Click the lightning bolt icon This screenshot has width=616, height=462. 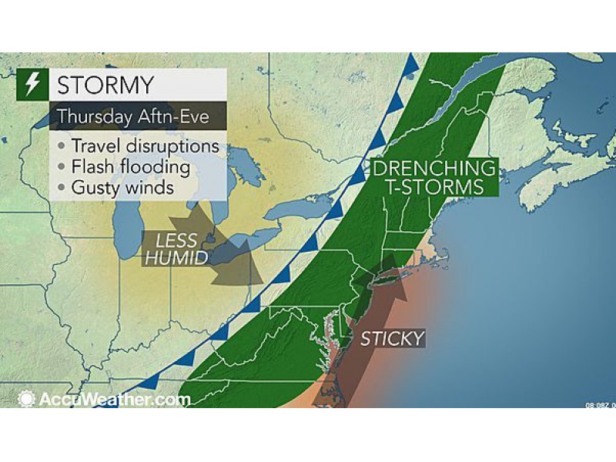coord(32,85)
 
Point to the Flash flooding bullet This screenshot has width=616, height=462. coord(130,166)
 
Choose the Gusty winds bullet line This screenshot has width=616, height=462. coord(122,186)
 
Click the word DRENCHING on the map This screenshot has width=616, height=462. coord(436,167)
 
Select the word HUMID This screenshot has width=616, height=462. coord(176,258)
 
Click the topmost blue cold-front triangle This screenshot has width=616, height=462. coord(412,62)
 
